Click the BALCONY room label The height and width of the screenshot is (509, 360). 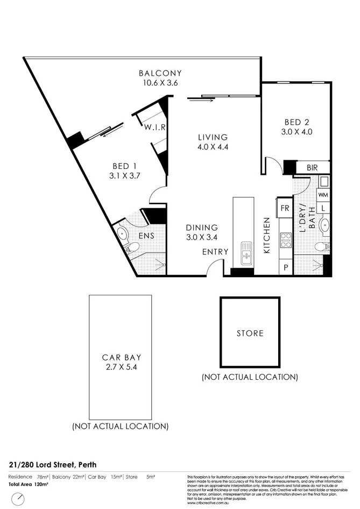click(160, 73)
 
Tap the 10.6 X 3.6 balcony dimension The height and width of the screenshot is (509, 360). click(160, 83)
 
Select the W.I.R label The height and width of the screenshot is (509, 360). click(154, 128)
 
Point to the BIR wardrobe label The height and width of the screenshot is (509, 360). click(312, 168)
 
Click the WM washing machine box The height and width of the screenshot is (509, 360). click(323, 194)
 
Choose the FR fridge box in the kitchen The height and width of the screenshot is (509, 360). click(284, 207)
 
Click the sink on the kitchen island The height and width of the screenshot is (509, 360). click(246, 253)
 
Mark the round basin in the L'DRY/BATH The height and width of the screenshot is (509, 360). click(324, 224)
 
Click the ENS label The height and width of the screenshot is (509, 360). click(145, 235)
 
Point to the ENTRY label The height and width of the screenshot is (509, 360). click(215, 251)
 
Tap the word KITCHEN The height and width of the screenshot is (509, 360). click(266, 235)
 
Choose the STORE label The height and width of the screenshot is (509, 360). click(250, 333)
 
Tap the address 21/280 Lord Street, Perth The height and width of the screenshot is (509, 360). click(53, 464)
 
